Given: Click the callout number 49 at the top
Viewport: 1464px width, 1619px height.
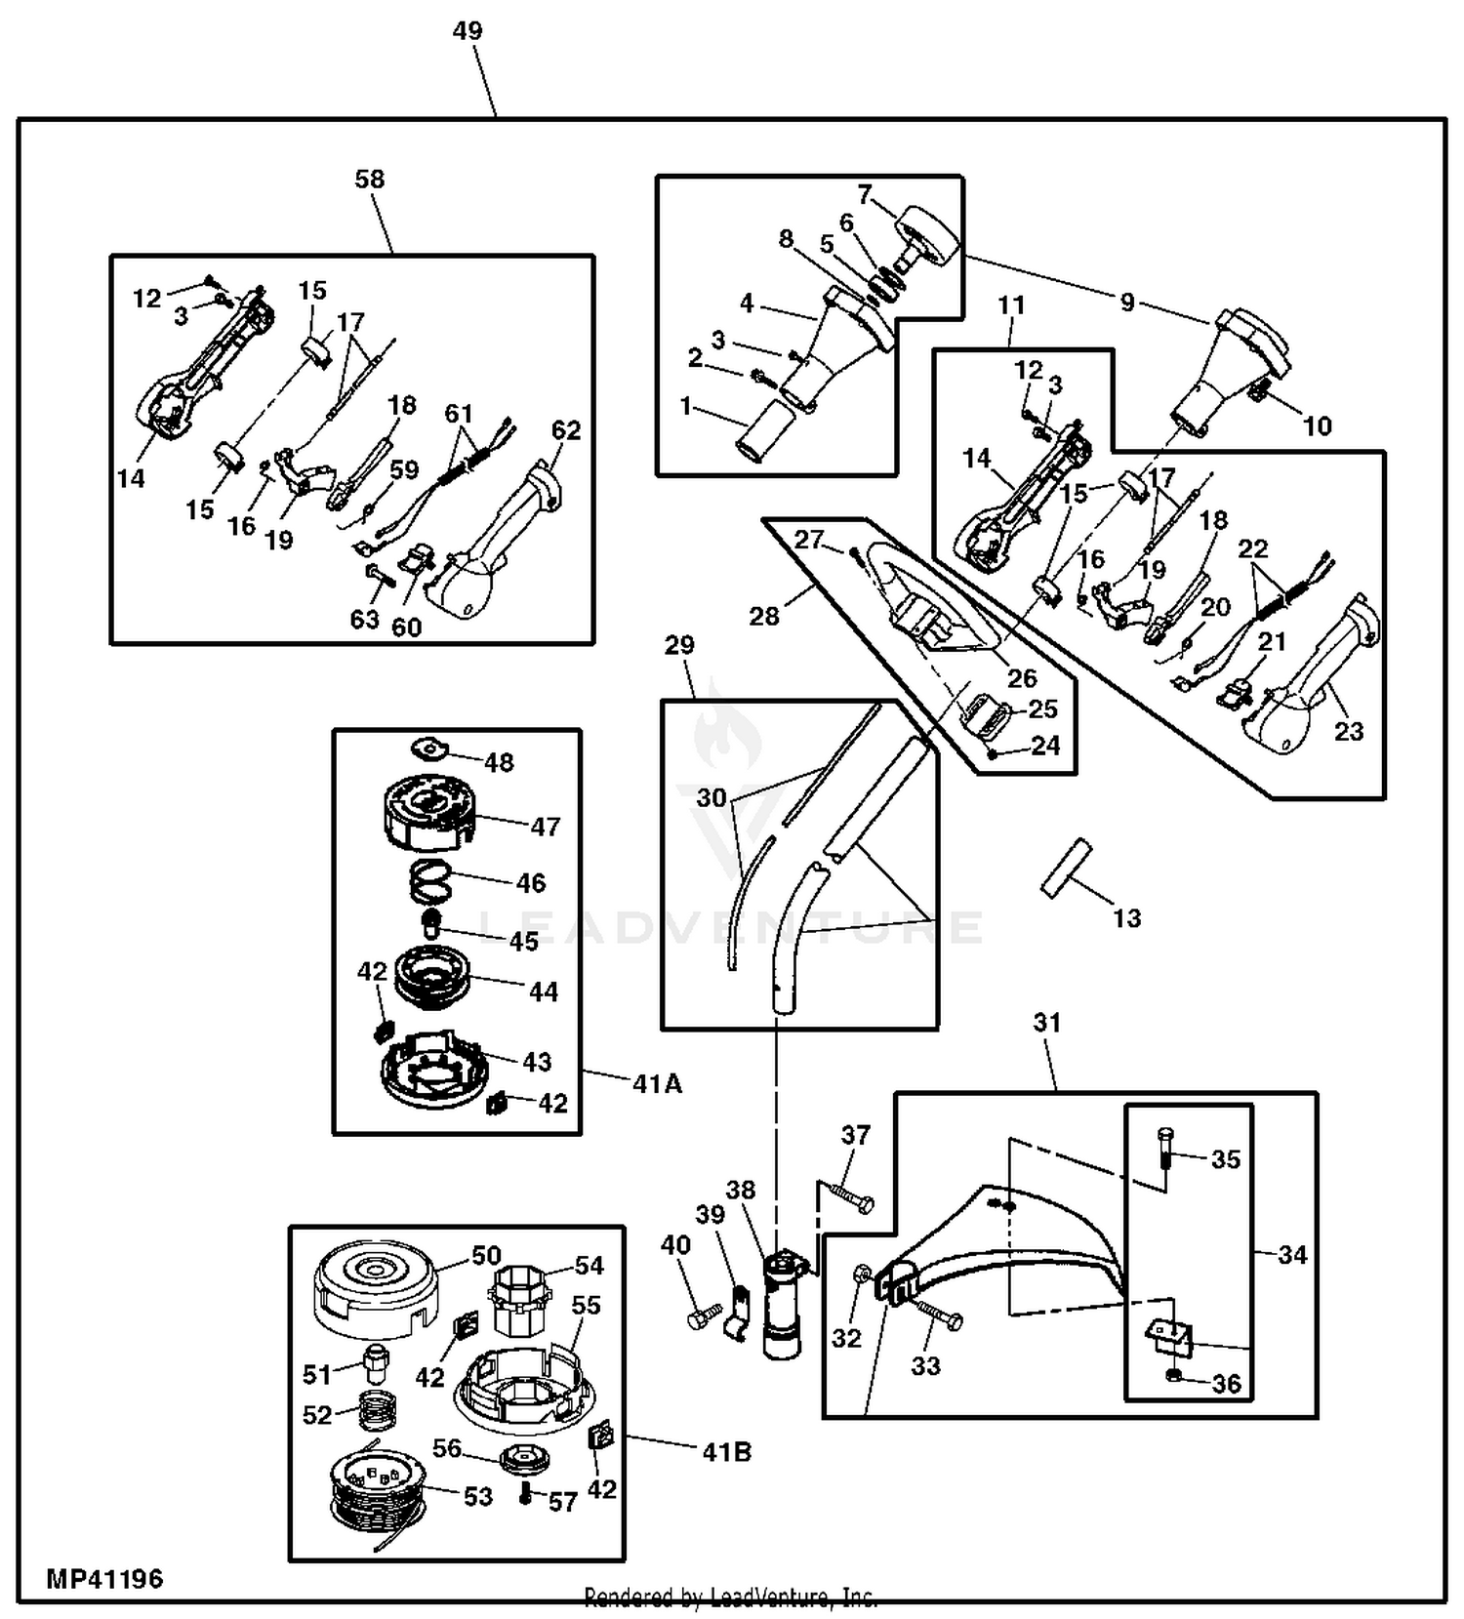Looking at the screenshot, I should coord(468,31).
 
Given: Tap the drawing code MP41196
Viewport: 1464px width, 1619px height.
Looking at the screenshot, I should coord(104,1578).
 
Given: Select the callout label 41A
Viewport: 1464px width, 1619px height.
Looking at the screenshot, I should coord(657,1083).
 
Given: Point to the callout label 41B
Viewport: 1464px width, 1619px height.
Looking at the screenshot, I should coord(726,1452).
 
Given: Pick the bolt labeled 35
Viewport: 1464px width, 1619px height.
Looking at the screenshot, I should coord(1166,1151).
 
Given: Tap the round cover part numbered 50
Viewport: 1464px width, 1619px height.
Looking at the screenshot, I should coord(375,1286).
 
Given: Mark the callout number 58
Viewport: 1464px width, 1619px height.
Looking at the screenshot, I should coord(370,180).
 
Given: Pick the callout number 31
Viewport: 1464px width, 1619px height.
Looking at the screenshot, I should coord(1046,1023).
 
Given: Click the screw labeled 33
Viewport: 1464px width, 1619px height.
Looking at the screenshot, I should coord(939,1317).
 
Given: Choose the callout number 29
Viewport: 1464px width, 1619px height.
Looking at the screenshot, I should coord(679,645).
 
